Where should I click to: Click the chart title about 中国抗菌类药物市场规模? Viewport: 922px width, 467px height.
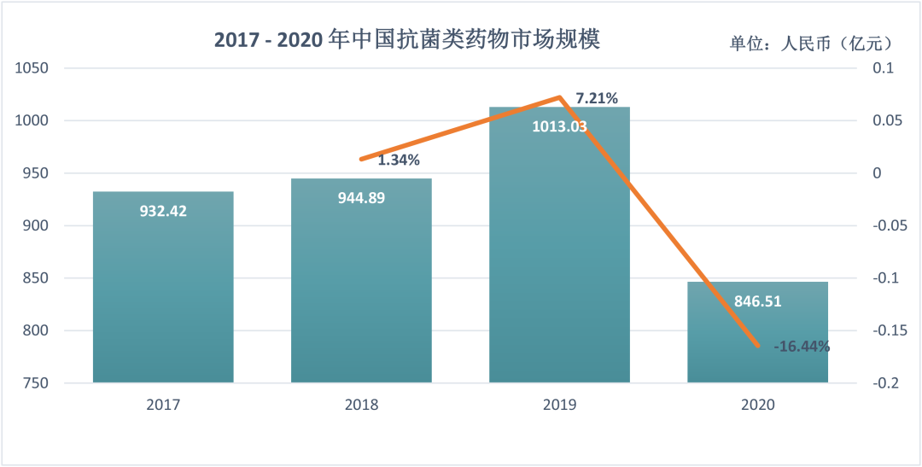click(407, 40)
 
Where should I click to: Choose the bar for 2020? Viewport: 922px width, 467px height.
click(757, 341)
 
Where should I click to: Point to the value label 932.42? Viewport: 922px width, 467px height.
click(163, 210)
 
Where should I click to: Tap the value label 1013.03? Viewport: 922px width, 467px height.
click(559, 127)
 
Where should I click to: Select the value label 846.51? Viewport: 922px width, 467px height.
click(757, 301)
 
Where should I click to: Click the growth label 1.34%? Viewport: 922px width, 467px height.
click(399, 160)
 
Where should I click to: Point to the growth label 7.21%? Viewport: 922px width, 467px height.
click(597, 98)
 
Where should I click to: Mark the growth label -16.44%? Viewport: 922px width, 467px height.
click(801, 347)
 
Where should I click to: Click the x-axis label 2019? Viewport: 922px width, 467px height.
click(559, 405)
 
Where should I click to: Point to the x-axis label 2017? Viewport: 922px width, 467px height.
click(163, 405)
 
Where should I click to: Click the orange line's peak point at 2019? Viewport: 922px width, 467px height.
click(559, 97)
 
